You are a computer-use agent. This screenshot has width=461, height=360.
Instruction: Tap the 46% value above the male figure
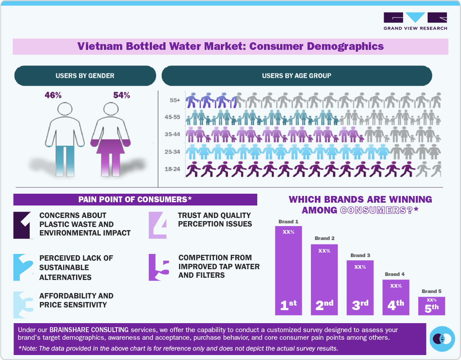(53, 95)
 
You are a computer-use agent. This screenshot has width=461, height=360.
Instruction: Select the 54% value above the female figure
(121, 95)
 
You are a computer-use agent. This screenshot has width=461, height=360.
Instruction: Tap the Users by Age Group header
(296, 76)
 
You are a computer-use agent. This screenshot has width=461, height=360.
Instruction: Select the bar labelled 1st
(289, 270)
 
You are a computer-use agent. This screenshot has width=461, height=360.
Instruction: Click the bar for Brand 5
(431, 306)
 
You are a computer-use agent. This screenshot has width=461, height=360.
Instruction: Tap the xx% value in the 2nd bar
(324, 251)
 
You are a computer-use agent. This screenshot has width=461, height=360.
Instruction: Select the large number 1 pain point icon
(23, 224)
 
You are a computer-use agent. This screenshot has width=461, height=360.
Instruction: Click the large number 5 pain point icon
(159, 267)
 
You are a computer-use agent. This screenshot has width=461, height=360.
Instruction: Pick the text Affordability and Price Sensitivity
(76, 300)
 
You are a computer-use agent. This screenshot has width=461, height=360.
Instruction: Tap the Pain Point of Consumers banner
(135, 199)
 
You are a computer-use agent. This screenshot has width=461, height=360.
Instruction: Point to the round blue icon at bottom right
(443, 338)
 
